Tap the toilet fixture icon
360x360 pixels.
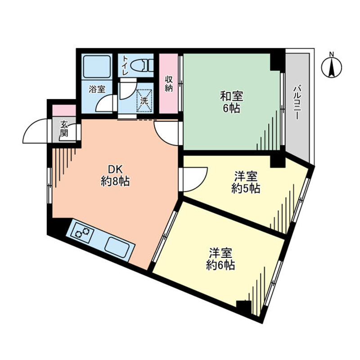pos(142,65)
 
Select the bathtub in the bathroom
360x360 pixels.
pos(97,66)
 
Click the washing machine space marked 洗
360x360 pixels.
pos(144,100)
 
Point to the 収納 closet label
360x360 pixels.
pos(168,84)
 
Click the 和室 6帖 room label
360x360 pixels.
pos(231,102)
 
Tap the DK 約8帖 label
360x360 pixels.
pos(115,176)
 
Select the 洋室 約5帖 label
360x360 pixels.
pos(246,183)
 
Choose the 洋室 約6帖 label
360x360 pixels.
pos(220,259)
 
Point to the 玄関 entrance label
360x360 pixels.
pos(64,129)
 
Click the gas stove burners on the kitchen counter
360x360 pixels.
pos(82,232)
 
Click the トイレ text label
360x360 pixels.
pos(125,65)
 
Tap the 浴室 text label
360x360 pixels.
pos(97,89)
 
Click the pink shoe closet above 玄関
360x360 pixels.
pos(64,110)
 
